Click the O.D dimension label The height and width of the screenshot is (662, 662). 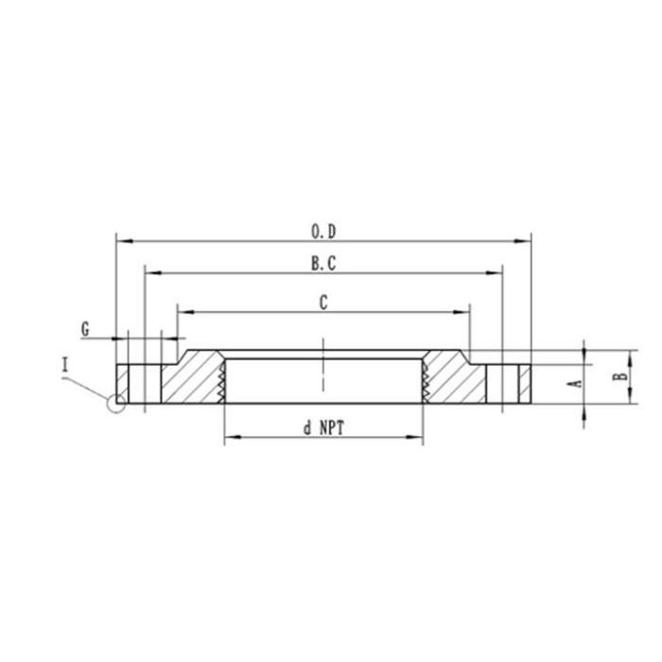tap(323, 231)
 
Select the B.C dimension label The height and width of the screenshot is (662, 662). tap(323, 266)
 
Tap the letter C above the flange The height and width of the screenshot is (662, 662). tap(323, 303)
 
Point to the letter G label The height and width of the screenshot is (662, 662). tap(85, 329)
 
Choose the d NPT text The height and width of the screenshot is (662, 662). tap(323, 427)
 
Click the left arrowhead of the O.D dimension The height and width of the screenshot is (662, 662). tap(120, 241)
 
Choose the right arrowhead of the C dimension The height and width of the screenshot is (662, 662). tap(464, 310)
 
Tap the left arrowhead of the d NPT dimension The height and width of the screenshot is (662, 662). tap(229, 437)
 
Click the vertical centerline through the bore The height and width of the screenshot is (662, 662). tap(323, 364)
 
